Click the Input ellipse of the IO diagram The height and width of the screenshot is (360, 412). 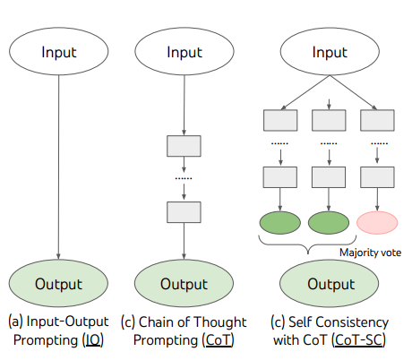click(x=58, y=51)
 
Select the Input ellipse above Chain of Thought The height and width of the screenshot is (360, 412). click(x=184, y=51)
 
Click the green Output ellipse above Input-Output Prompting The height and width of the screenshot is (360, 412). click(x=58, y=284)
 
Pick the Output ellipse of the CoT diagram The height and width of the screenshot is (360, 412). click(x=184, y=284)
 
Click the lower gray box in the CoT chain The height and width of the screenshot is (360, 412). click(x=184, y=210)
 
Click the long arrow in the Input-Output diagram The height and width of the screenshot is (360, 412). click(x=58, y=161)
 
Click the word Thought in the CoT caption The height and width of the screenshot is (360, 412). click(x=223, y=321)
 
